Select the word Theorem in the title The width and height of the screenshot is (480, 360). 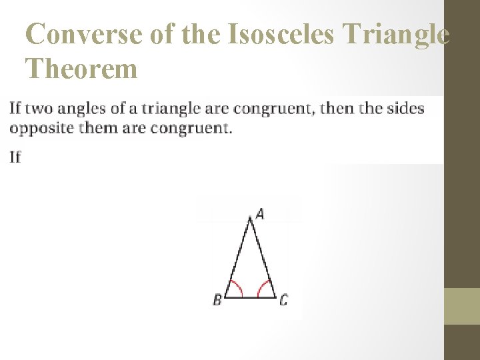(x=81, y=68)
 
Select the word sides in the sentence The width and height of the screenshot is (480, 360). (x=407, y=108)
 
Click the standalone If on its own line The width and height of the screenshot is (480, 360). (x=15, y=157)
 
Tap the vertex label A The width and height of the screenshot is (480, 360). (x=260, y=214)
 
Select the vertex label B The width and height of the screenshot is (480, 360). (x=217, y=300)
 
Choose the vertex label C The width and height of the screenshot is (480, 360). (x=283, y=300)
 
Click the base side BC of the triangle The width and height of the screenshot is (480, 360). (x=251, y=297)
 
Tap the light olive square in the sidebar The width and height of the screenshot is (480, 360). (x=462, y=306)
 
